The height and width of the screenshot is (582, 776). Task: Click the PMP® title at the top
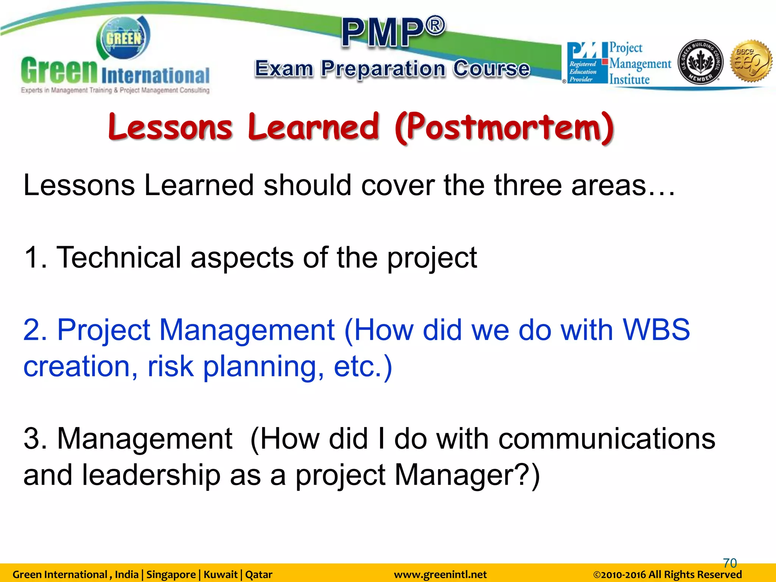(x=393, y=32)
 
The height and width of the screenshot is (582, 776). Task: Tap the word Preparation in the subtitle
(x=383, y=69)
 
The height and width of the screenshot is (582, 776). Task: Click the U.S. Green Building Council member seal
(x=700, y=62)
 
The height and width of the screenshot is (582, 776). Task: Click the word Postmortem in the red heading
(x=504, y=127)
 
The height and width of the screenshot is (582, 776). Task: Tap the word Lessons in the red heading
(x=170, y=127)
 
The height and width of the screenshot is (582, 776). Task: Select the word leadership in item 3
(x=151, y=475)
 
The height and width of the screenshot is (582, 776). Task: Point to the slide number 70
(x=730, y=563)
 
